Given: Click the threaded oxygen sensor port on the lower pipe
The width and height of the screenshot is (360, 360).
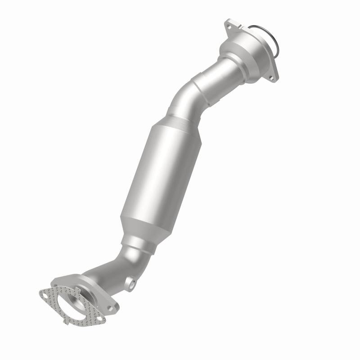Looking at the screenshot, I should pyautogui.click(x=131, y=284).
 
